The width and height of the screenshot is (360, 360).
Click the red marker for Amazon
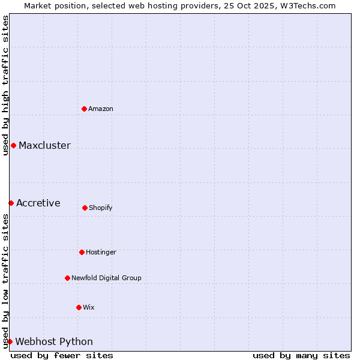(x=85, y=109)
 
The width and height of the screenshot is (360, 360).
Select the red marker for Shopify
(x=85, y=208)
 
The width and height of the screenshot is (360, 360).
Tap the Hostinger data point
(x=82, y=252)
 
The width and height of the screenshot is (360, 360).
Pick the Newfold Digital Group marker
(x=67, y=278)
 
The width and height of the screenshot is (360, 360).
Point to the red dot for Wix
(x=79, y=307)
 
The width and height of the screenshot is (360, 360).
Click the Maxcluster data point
(x=13, y=145)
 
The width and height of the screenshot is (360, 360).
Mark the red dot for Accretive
(x=11, y=203)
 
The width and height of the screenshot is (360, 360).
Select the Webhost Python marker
(x=10, y=341)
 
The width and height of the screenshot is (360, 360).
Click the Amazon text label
(x=101, y=109)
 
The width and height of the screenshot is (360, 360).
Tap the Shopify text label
(x=101, y=208)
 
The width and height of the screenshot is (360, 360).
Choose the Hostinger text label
(x=101, y=252)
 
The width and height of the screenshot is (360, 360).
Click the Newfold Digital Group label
(x=106, y=278)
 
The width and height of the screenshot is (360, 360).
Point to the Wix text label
(x=89, y=307)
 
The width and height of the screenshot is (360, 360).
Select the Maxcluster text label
(x=44, y=145)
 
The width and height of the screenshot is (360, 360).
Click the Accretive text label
(x=38, y=203)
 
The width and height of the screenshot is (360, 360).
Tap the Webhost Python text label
(x=54, y=341)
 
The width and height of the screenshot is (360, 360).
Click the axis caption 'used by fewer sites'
(x=62, y=355)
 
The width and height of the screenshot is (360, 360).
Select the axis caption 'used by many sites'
(x=301, y=355)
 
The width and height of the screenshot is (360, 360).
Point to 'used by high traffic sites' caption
(x=5, y=85)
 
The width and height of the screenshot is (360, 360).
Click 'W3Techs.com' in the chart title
(x=307, y=5)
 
